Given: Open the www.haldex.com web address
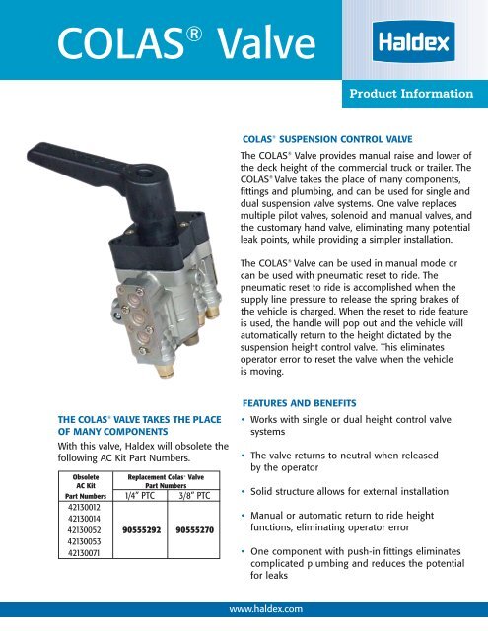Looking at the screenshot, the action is [244, 609].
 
